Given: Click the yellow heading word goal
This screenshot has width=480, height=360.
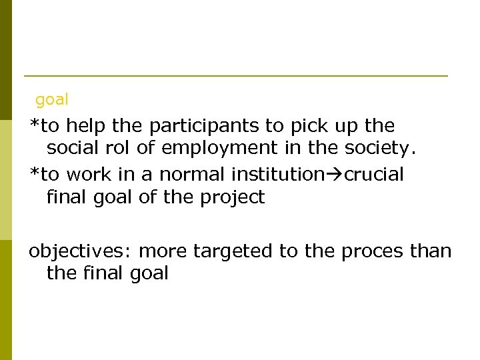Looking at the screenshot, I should click(52, 100).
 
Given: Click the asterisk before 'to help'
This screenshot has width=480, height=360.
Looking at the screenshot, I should click(35, 124).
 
